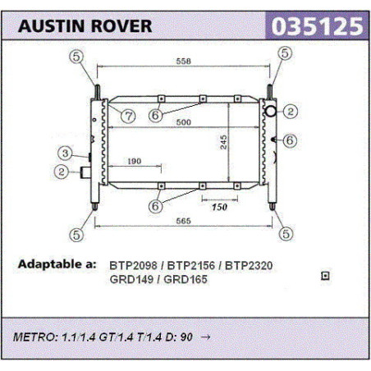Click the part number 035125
pos(317,26)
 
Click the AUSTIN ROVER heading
pos(85,26)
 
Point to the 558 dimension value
pos(183,61)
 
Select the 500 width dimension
pos(183,122)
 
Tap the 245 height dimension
pos(223,142)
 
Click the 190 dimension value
pos(135,161)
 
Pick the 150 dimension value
pos(219,207)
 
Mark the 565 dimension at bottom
pos(183,221)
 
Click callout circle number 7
pos(128,117)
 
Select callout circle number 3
pos(65,153)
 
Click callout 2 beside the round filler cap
pos(291,112)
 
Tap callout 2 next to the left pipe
pos(62,172)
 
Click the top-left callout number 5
pos(76,57)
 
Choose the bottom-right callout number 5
pos(286,234)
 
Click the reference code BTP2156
pos(190,265)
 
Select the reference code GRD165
pos(185,279)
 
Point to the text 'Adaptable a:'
pos(57,264)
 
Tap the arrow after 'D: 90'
pos(205,337)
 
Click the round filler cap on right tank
pos(271,111)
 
